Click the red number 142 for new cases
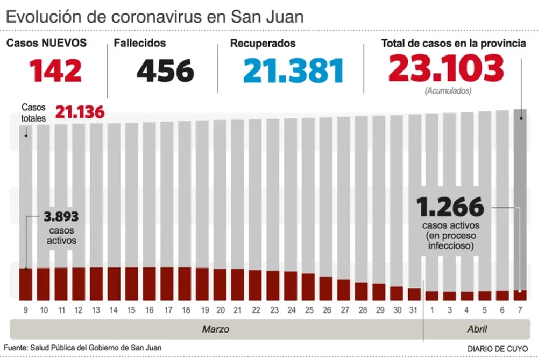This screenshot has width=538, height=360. coord(55,70)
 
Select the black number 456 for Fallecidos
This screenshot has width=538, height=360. coord(165,70)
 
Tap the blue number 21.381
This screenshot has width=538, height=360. coord(293,70)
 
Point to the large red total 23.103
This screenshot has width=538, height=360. coord(446,68)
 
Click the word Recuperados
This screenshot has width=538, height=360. coord(263,44)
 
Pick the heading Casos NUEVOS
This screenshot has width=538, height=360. coord(46,43)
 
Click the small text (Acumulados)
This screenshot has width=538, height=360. coord(448,91)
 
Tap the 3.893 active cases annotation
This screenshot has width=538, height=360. coord(61,217)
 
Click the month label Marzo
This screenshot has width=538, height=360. coord(216,328)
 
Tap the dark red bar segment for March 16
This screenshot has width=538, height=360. coord(149,284)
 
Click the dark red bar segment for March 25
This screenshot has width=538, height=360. coord(308,286)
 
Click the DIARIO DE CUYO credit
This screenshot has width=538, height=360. coord(497,348)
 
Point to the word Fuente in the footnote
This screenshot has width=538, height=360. coord(15,348)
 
